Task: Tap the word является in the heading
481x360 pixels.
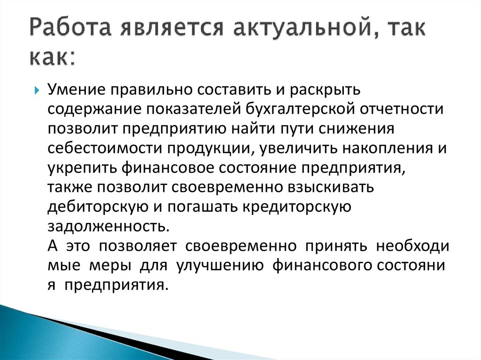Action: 172,28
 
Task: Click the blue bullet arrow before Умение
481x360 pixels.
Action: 37,91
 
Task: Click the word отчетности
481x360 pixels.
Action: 402,109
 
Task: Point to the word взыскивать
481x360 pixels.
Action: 331,188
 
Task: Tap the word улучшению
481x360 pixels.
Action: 220,266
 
